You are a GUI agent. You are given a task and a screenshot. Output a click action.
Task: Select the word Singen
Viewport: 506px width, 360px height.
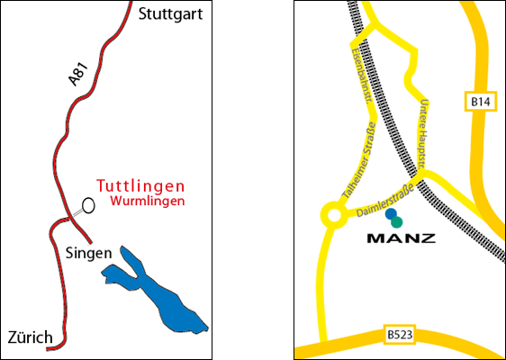[x=88, y=253]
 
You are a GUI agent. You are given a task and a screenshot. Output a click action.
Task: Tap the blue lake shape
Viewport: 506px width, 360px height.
[x=158, y=292]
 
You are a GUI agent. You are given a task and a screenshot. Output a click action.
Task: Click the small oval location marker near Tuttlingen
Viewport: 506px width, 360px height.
[x=88, y=206]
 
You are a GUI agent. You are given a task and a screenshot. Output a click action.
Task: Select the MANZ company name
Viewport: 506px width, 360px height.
[x=402, y=238]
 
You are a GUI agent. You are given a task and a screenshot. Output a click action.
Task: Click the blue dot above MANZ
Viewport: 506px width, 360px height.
[x=391, y=214]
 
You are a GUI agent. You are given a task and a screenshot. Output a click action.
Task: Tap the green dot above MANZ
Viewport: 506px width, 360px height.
[x=397, y=221]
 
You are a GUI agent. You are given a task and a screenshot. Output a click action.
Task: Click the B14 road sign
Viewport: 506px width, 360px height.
[x=482, y=103]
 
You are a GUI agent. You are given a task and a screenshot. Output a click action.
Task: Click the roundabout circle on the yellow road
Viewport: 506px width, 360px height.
[x=334, y=216]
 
